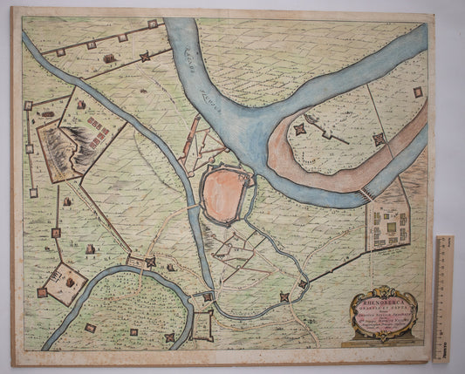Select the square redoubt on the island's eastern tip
[x=418, y=91]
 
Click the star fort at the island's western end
[x=299, y=128]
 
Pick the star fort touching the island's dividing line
[x=378, y=139]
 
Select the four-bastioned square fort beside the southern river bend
[x=202, y=327]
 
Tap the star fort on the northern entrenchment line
[x=145, y=57]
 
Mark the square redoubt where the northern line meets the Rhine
[x=153, y=24]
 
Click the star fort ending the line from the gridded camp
[x=284, y=298]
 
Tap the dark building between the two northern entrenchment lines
[x=110, y=58]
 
